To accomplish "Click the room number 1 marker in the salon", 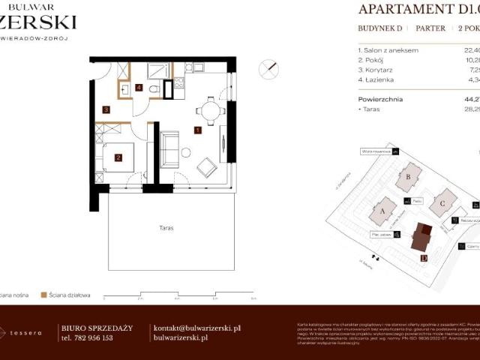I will click(x=197, y=130).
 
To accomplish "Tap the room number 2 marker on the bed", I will click(x=118, y=157).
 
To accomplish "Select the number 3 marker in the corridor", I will click(x=106, y=110).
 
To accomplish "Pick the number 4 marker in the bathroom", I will click(x=139, y=87).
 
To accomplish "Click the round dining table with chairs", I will click(x=211, y=112).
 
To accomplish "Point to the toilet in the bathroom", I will click(x=154, y=89).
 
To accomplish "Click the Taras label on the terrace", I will click(x=166, y=227).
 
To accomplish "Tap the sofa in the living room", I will click(x=170, y=148).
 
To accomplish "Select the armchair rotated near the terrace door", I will click(x=207, y=168).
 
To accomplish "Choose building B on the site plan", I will click(x=408, y=177).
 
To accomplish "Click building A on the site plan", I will click(x=382, y=211).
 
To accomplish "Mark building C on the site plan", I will click(x=442, y=202).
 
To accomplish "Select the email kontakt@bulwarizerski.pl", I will click(x=196, y=328).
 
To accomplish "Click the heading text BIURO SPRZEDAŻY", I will click(x=96, y=328).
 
